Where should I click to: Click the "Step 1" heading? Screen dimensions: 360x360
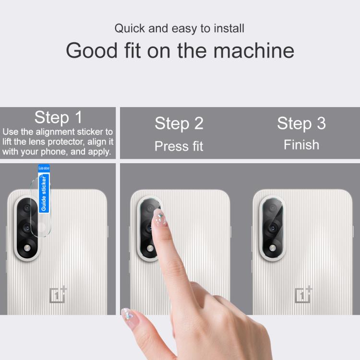click(x=58, y=117)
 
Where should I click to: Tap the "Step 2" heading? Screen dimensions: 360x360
click(x=179, y=123)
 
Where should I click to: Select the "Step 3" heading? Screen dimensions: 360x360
click(x=301, y=123)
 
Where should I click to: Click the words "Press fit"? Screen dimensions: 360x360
click(x=179, y=146)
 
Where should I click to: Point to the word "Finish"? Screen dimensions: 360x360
click(x=301, y=145)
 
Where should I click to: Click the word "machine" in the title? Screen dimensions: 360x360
click(x=254, y=51)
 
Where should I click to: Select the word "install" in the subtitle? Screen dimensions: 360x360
click(x=229, y=28)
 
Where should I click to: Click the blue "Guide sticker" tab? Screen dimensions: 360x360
click(x=44, y=188)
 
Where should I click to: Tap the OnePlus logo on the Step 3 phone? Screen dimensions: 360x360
click(x=303, y=294)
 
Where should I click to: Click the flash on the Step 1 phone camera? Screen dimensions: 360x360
click(x=27, y=248)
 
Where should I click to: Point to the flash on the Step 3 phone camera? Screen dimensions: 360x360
click(x=273, y=248)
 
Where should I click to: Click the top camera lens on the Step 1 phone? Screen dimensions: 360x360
click(x=27, y=208)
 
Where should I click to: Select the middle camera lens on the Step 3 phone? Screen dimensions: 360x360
click(x=273, y=228)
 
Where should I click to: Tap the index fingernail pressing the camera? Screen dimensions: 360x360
click(x=159, y=217)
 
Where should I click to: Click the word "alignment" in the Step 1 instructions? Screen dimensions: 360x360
click(x=55, y=132)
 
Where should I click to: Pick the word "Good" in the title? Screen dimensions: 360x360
click(x=92, y=51)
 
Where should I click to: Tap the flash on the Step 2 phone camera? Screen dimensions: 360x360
click(x=150, y=248)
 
